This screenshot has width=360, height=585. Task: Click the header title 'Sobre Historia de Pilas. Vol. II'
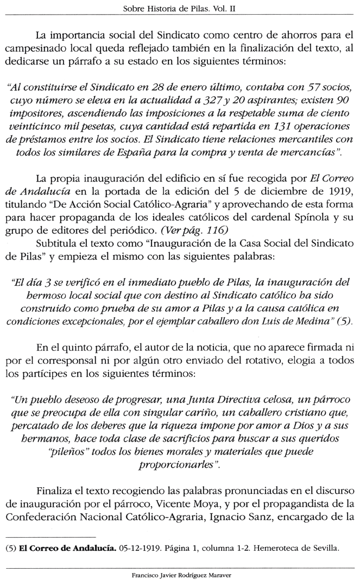[180, 9]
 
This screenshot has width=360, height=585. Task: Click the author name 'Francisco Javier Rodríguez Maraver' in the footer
[179, 574]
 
